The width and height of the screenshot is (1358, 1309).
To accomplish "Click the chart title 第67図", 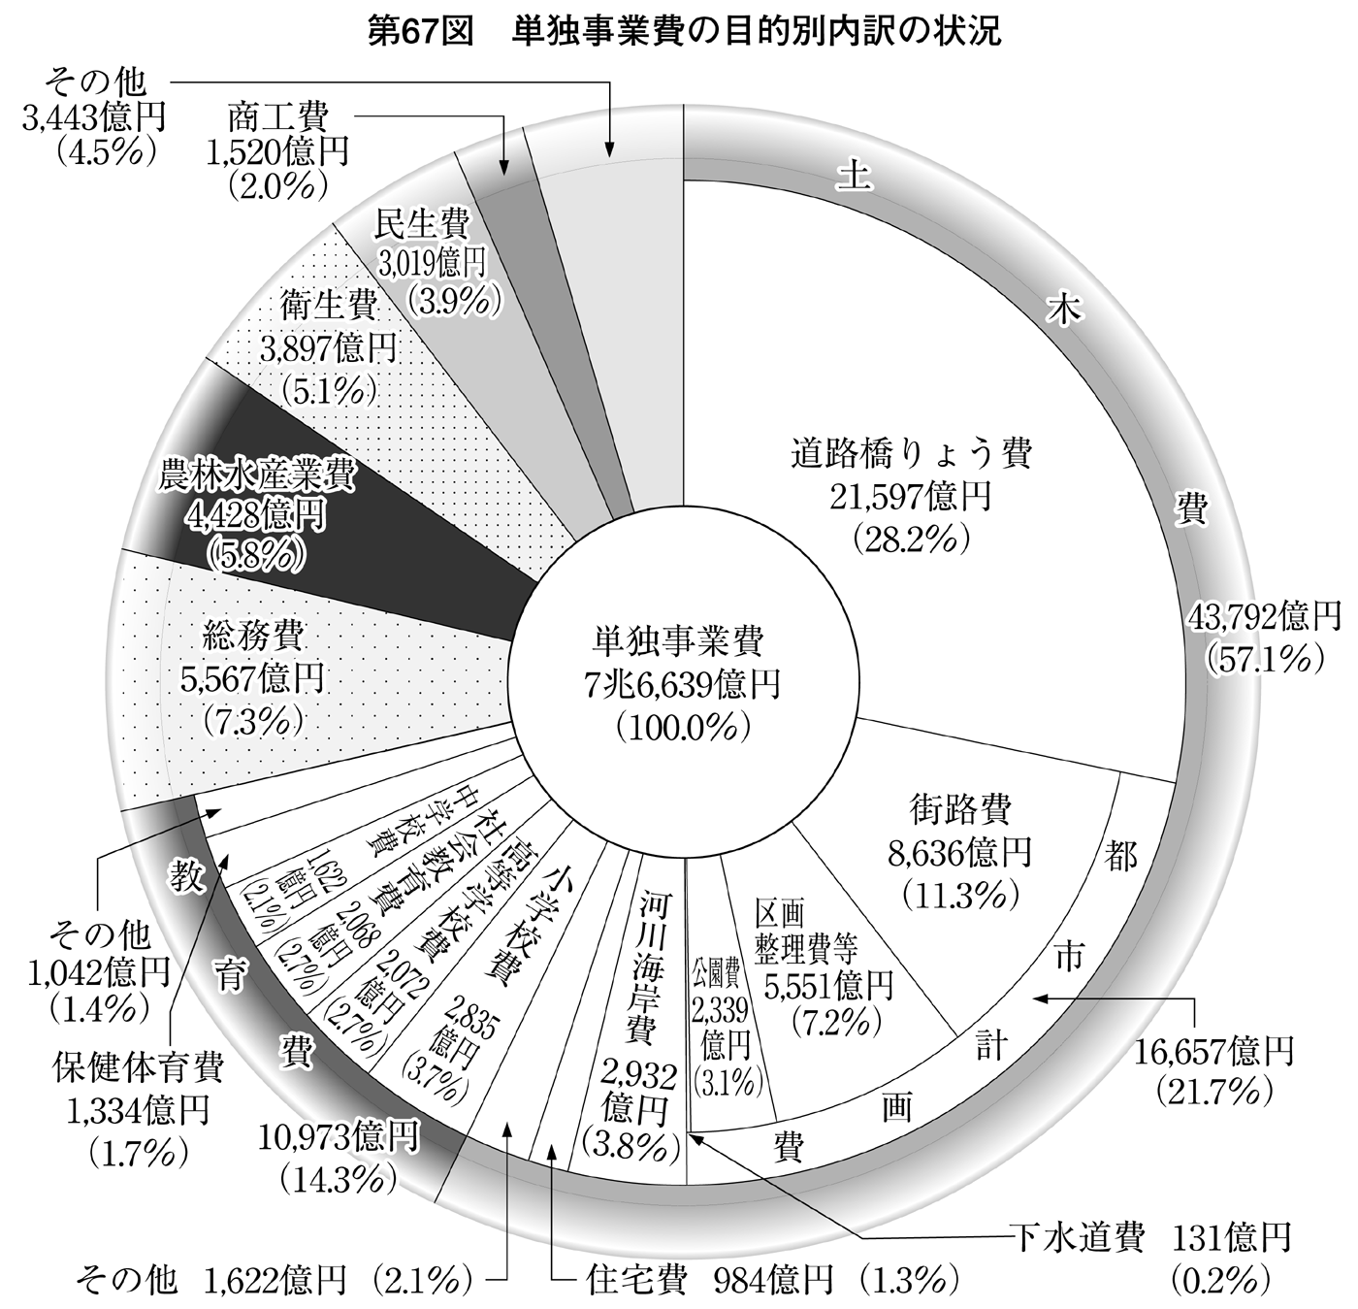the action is pos(423,32).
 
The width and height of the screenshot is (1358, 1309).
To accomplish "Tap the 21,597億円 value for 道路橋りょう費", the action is pos(910,498).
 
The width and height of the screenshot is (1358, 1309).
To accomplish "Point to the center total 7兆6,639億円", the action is pos(682,687).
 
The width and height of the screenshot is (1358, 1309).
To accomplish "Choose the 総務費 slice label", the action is pos(252,637).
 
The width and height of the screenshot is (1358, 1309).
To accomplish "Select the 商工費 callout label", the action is pos(277,118).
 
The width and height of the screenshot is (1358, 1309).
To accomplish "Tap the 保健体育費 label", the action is pos(138,1066).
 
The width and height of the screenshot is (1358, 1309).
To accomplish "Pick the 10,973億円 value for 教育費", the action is pos(339,1137).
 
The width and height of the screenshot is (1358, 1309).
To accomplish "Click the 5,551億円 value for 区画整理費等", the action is pos(828,986).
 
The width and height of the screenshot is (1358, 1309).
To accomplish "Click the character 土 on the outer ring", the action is pos(855,177).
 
